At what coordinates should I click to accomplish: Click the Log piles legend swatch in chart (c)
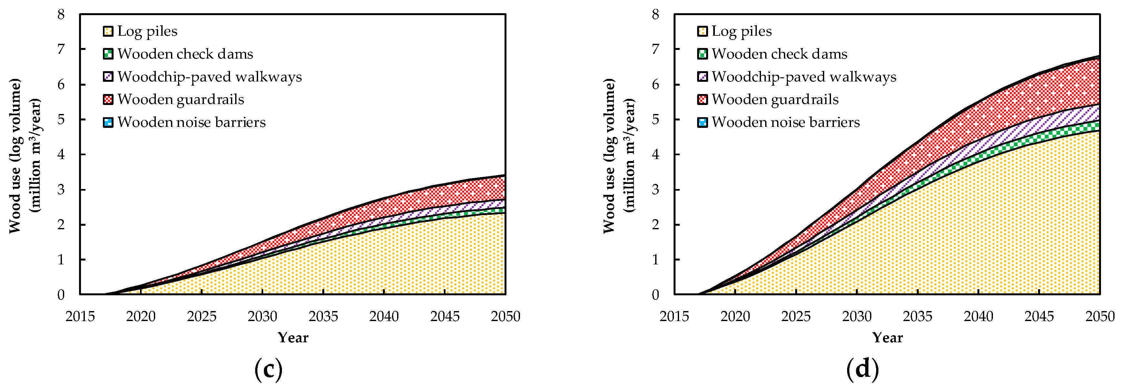pyautogui.click(x=108, y=31)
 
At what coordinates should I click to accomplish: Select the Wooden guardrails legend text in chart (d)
pyautogui.click(x=775, y=100)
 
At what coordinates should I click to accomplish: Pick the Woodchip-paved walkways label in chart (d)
pyautogui.click(x=803, y=77)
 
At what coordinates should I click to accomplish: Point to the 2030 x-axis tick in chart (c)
pyautogui.click(x=262, y=317)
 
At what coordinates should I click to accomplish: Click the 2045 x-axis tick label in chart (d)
pyautogui.click(x=1039, y=317)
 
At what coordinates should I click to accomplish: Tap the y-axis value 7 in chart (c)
pyautogui.click(x=61, y=50)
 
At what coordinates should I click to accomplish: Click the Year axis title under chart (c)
pyautogui.click(x=293, y=338)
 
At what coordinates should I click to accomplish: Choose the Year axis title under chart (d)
pyautogui.click(x=887, y=338)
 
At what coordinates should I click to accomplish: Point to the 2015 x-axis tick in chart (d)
pyautogui.click(x=674, y=317)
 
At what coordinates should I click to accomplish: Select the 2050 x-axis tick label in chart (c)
pyautogui.click(x=505, y=317)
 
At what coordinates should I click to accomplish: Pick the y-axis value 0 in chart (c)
pyautogui.click(x=61, y=295)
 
